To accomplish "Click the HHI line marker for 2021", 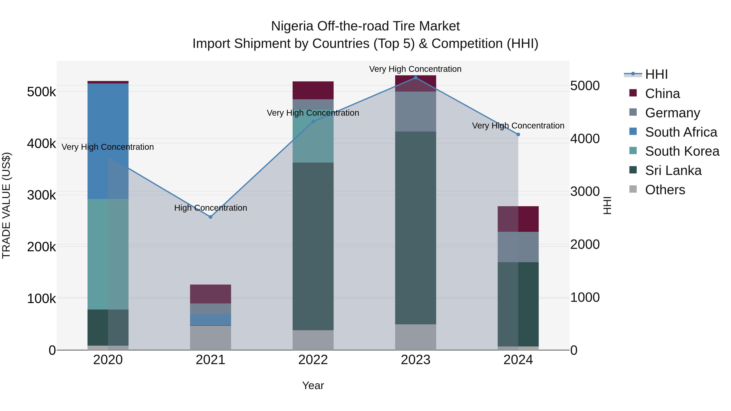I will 210,217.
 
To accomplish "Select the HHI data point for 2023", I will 415,78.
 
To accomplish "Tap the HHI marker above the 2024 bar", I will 518,134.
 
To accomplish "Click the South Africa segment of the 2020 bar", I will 108,141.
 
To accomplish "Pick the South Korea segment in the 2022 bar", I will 313,136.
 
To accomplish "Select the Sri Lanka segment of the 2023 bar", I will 415,228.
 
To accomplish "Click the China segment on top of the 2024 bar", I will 518,219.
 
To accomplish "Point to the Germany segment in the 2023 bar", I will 415,111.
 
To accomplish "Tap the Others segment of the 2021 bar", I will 210,338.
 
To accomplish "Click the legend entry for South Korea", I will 682,151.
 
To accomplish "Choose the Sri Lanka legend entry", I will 673,170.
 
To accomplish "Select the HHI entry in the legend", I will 656,74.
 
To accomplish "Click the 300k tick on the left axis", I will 41,195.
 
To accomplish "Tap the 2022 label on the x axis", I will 313,360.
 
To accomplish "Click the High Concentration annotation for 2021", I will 211,208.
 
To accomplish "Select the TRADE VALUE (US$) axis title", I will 6,205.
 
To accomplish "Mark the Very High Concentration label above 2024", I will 518,126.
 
